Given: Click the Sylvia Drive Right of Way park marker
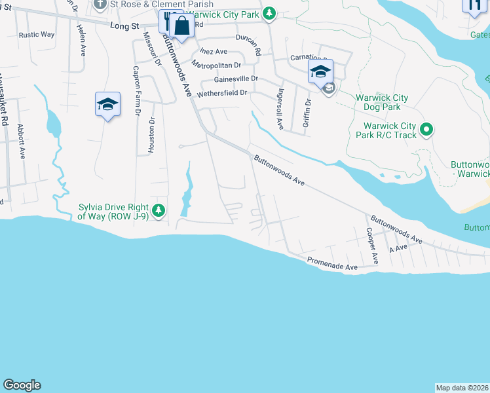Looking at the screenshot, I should point(159,210).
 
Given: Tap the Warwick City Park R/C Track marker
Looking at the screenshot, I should point(426,130).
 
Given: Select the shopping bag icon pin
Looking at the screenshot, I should point(182,27).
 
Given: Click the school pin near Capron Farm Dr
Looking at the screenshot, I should point(108,104).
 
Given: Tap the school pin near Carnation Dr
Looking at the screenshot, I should point(320,71).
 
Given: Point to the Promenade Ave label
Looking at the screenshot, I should point(333,265).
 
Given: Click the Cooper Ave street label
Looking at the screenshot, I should point(372,246).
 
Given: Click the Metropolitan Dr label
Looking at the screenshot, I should point(216,65).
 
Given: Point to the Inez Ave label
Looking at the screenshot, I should point(214,51).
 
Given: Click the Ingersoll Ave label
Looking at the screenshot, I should point(280,109).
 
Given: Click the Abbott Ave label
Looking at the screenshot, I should point(21,141).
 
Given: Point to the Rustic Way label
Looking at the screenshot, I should point(37,35).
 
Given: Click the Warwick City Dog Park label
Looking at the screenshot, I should point(382,102).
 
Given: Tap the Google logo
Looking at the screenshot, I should point(22,385).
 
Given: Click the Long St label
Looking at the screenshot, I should point(125,26).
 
